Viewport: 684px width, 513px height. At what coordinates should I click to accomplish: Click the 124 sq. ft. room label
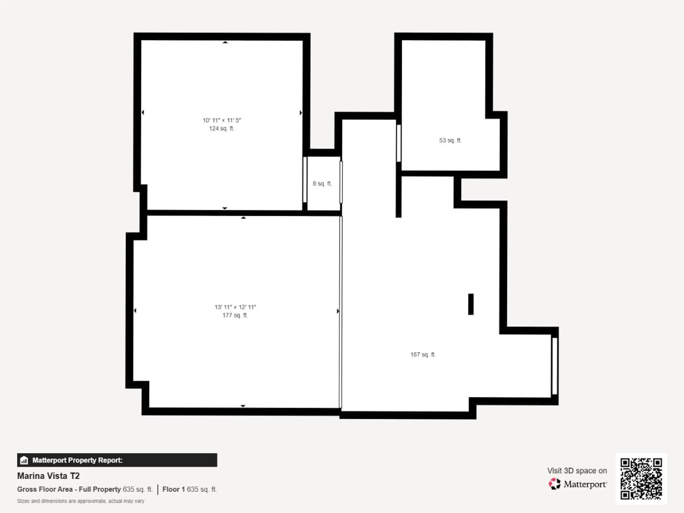click(222, 128)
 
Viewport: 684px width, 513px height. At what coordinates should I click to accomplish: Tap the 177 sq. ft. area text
click(235, 315)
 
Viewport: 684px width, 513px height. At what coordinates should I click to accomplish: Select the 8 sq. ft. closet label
click(322, 183)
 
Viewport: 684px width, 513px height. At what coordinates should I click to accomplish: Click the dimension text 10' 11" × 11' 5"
click(222, 120)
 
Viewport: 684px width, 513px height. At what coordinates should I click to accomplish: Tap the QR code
click(641, 479)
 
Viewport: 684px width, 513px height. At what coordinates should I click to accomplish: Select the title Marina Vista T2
click(48, 476)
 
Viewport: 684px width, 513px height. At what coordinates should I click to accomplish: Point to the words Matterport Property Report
click(77, 460)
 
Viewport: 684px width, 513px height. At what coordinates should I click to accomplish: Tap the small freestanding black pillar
click(471, 304)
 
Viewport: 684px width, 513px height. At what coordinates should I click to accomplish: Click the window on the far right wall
click(555, 366)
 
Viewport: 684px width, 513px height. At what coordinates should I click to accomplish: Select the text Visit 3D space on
click(577, 471)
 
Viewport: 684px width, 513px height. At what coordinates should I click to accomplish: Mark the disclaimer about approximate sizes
click(81, 501)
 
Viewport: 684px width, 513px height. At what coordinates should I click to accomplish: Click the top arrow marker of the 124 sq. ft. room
click(225, 42)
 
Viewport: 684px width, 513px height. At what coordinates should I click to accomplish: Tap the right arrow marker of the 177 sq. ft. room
click(338, 311)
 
